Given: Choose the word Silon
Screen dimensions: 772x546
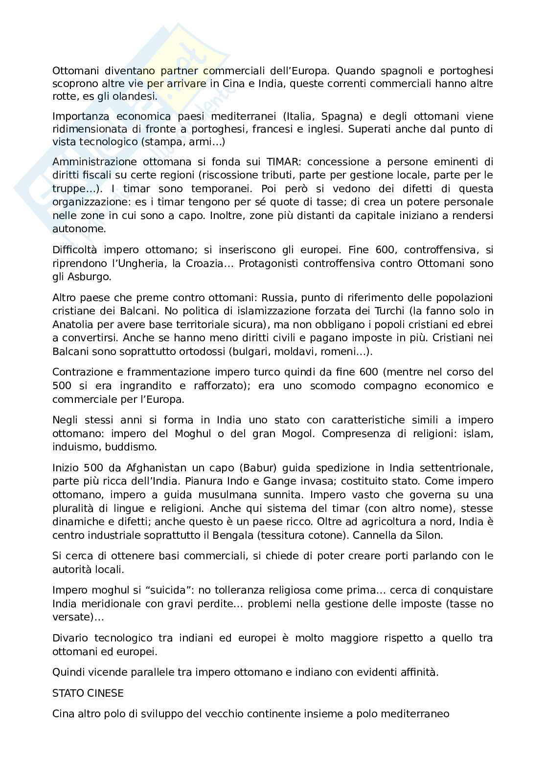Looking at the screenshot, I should click(430, 535).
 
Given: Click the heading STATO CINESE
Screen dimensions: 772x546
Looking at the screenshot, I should click(88, 693).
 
